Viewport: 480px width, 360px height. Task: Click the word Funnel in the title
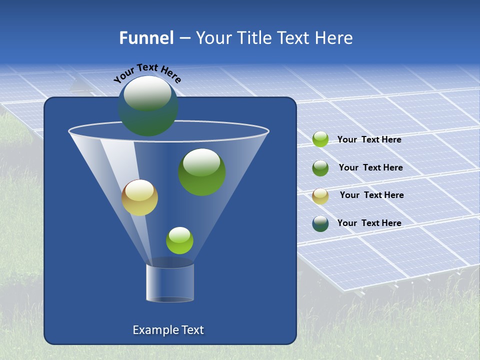pyautogui.click(x=146, y=38)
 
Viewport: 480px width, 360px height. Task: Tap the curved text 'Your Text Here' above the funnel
pyautogui.click(x=147, y=73)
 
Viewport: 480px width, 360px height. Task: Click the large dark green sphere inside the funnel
pyautogui.click(x=202, y=172)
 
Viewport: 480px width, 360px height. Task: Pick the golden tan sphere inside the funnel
pyautogui.click(x=139, y=197)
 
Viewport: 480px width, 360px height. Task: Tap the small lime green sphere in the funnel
pyautogui.click(x=179, y=240)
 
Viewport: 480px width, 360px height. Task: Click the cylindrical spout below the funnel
pyautogui.click(x=169, y=283)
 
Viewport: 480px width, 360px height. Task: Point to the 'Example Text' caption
pyautogui.click(x=168, y=330)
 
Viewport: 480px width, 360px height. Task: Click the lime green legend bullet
pyautogui.click(x=320, y=139)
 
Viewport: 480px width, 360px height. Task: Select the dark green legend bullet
pyautogui.click(x=320, y=168)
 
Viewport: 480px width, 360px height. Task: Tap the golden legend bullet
pyautogui.click(x=320, y=196)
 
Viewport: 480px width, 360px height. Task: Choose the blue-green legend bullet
pyautogui.click(x=320, y=223)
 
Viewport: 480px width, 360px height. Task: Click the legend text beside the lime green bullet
pyautogui.click(x=369, y=140)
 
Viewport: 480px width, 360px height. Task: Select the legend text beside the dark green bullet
pyautogui.click(x=370, y=168)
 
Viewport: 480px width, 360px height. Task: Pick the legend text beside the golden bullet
pyautogui.click(x=371, y=195)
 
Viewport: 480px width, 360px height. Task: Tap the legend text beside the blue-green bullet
pyautogui.click(x=369, y=223)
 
